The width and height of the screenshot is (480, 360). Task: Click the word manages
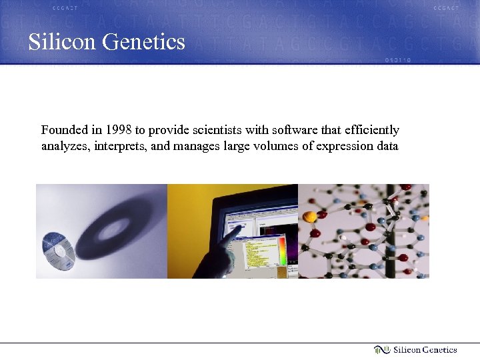coord(195,146)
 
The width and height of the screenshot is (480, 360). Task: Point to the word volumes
coord(272,146)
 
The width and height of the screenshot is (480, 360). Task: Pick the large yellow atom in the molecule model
coord(309,217)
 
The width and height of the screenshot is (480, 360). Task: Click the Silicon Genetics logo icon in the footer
coord(381,350)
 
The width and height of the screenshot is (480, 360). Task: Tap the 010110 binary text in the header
coord(397,60)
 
